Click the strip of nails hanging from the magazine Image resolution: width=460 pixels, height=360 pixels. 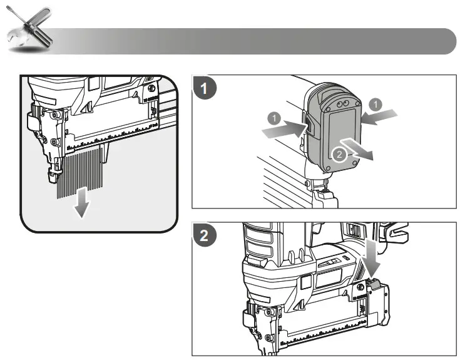click(82, 173)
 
